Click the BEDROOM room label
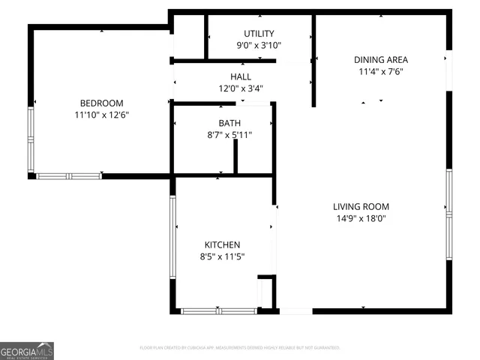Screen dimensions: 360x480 coord(101,103)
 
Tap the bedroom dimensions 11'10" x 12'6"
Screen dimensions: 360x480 coord(101,115)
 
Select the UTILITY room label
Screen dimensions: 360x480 coord(259,34)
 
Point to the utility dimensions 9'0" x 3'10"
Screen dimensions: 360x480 coord(259,46)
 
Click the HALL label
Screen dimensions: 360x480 coord(241,76)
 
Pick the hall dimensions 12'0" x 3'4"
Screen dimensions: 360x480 coord(241,88)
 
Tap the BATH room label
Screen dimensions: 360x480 coord(229,123)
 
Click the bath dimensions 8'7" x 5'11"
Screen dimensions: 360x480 coord(229,135)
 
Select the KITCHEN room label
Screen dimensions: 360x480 coord(223,244)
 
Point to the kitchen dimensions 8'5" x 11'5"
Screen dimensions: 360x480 coord(223,256)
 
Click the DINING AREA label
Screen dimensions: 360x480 coord(381,59)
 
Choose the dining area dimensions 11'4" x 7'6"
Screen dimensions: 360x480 coord(381,71)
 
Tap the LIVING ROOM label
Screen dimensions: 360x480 coord(361,206)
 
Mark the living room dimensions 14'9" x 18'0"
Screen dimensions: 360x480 coord(361,218)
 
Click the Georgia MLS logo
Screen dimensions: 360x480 coord(27,351)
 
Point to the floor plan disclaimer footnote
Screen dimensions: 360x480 coord(240,348)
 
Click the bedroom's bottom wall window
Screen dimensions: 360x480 coord(69,176)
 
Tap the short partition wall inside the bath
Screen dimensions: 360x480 coord(235,156)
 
